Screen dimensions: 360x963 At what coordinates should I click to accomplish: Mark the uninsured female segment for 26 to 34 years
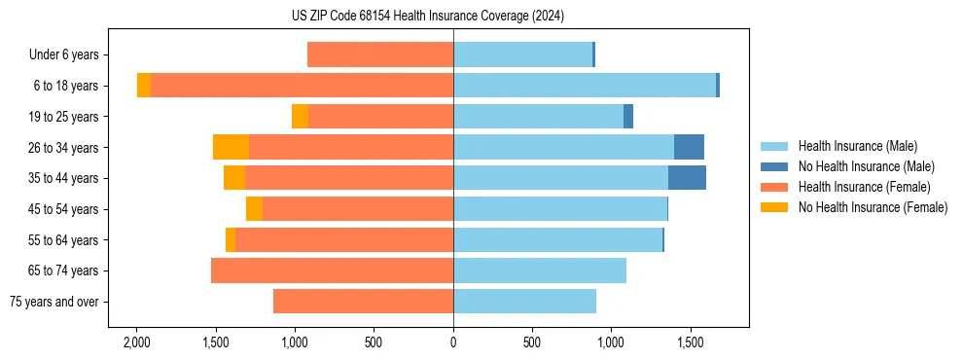click(x=231, y=147)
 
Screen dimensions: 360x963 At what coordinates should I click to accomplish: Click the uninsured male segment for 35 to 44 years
click(x=687, y=178)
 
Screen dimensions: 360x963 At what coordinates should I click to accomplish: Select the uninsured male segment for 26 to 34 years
click(x=689, y=147)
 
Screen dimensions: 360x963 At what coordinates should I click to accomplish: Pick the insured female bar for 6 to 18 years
click(x=302, y=86)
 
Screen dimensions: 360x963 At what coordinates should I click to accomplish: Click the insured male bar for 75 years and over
click(x=524, y=302)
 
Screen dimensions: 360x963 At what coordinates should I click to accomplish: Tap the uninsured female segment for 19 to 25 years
click(x=300, y=117)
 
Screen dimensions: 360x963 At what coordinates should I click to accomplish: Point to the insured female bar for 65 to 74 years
click(x=332, y=270)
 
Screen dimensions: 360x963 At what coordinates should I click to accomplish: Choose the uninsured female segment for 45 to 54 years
click(x=254, y=209)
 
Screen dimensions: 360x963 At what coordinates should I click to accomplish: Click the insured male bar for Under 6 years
click(x=522, y=55)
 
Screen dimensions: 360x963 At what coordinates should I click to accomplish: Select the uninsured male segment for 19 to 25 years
click(x=628, y=117)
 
